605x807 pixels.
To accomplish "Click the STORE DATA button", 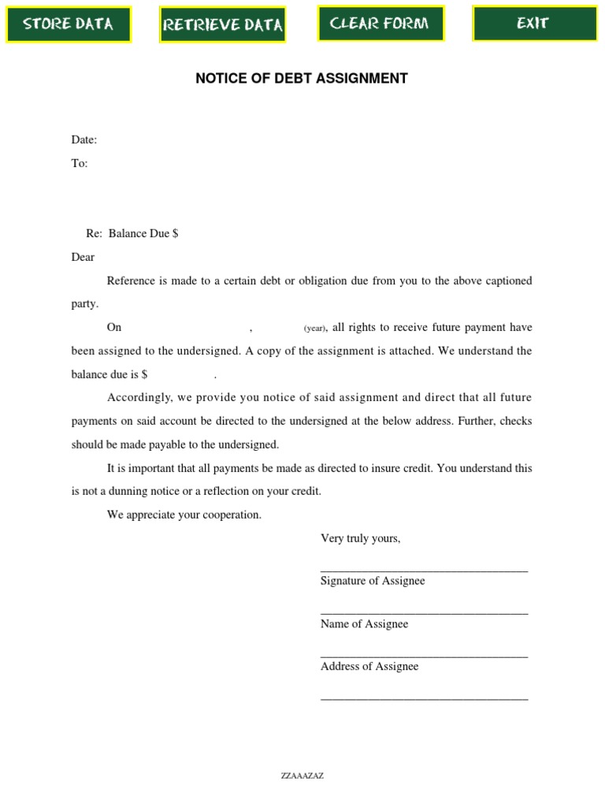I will coord(68,24).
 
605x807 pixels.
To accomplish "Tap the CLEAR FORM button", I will coord(380,24).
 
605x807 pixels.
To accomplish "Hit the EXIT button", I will coord(533,24).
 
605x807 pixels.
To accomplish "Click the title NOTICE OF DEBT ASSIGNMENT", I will coord(302,78).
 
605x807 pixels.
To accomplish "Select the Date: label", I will coord(84,139).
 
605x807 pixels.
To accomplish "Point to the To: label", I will coord(80,163).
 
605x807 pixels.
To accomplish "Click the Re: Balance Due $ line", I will coord(132,233).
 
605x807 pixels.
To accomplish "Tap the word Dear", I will coord(83,257).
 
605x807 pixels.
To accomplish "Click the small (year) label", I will coord(315,328).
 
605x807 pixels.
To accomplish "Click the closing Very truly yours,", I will coord(361,538).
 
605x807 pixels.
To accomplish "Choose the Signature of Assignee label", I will coord(373,581).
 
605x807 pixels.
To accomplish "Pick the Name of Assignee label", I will coord(364,623).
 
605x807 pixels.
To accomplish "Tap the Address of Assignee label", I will coord(369,666).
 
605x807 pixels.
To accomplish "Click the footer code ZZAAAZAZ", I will coord(302,775).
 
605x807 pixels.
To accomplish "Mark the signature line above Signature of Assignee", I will coord(424,569).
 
